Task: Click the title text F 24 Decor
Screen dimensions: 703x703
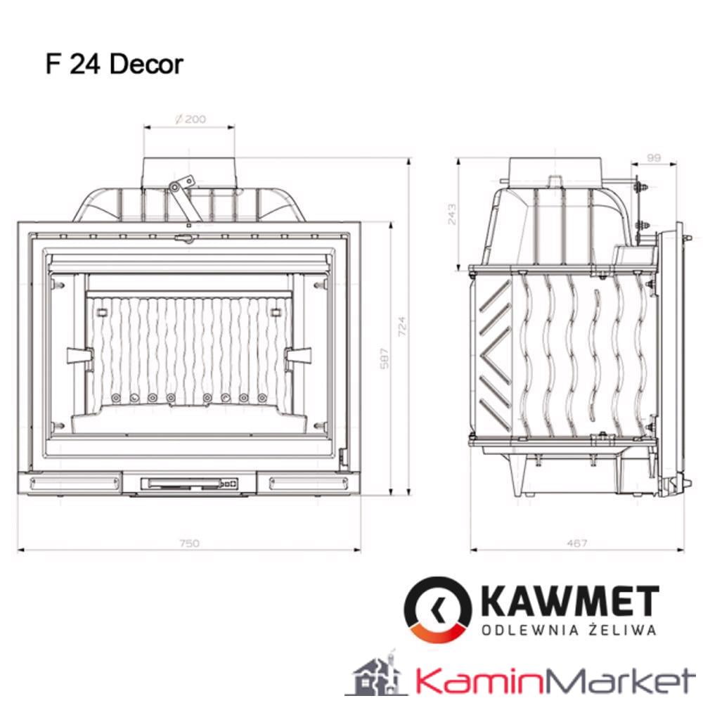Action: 115,64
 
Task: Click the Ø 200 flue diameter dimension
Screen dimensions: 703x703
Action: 191,119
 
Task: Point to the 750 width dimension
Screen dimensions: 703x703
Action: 190,543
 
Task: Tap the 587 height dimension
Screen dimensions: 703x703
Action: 383,359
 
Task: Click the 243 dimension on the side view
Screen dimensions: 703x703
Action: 451,214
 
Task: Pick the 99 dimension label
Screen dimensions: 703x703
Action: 653,158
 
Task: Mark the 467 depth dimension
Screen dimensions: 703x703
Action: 576,543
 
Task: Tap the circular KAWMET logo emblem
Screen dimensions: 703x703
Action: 437,608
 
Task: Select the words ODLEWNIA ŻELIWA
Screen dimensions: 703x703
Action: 569,630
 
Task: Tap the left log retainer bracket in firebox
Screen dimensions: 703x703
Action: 80,354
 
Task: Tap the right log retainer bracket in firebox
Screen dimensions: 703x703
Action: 298,356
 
